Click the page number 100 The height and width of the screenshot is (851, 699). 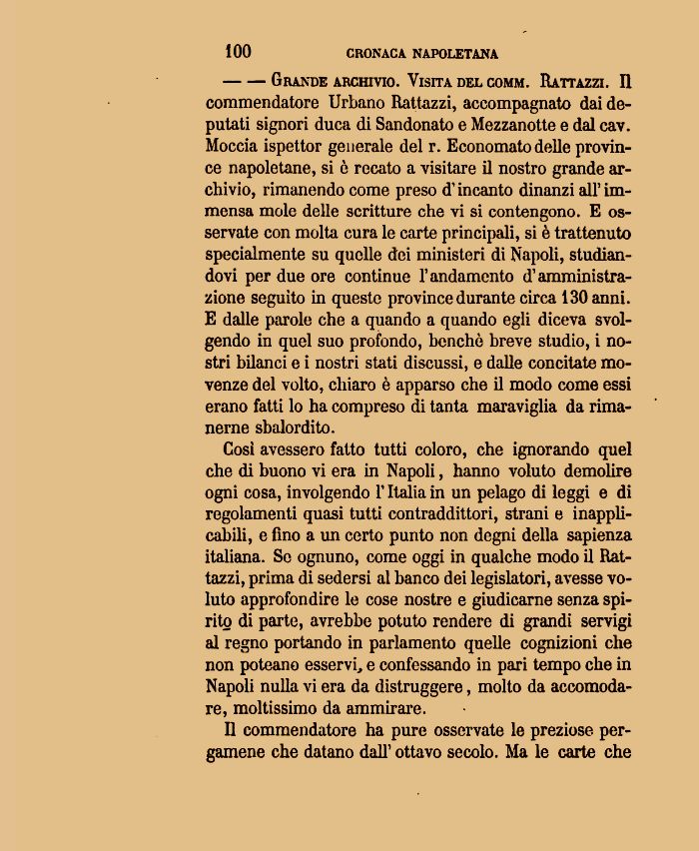click(x=239, y=52)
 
